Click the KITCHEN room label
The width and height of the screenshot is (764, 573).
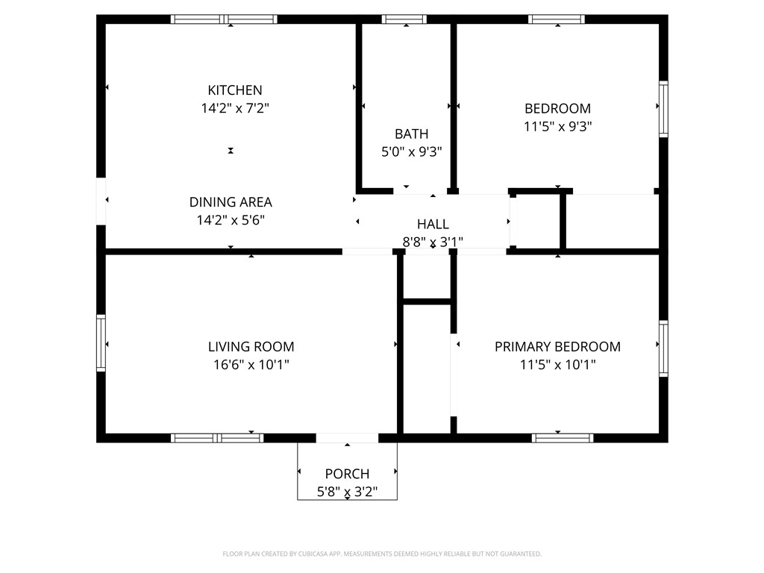click(x=235, y=90)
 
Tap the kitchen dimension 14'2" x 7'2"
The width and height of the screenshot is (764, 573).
click(x=235, y=109)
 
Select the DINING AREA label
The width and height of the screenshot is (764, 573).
click(x=231, y=202)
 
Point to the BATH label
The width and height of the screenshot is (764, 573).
click(x=412, y=134)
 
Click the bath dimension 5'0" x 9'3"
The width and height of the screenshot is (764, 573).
click(x=412, y=152)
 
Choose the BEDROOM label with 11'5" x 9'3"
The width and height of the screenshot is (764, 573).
click(x=557, y=109)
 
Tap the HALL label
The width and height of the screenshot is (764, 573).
click(x=433, y=224)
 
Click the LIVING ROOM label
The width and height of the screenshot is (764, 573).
click(x=251, y=347)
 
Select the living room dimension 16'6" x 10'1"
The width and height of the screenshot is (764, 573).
click(x=251, y=365)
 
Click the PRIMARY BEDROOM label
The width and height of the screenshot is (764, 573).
click(x=557, y=347)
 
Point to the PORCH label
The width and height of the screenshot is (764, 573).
click(x=347, y=474)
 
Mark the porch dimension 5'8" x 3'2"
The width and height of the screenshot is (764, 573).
click(x=347, y=492)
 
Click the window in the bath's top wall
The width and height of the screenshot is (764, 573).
click(x=404, y=19)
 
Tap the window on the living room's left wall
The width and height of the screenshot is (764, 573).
click(x=101, y=343)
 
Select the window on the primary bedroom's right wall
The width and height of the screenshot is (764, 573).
click(x=663, y=348)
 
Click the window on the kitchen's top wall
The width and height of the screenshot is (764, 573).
click(x=224, y=19)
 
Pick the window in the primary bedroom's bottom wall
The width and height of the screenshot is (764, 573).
click(x=563, y=438)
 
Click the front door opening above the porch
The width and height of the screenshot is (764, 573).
click(x=347, y=438)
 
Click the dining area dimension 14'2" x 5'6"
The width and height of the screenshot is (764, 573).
click(x=231, y=220)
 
